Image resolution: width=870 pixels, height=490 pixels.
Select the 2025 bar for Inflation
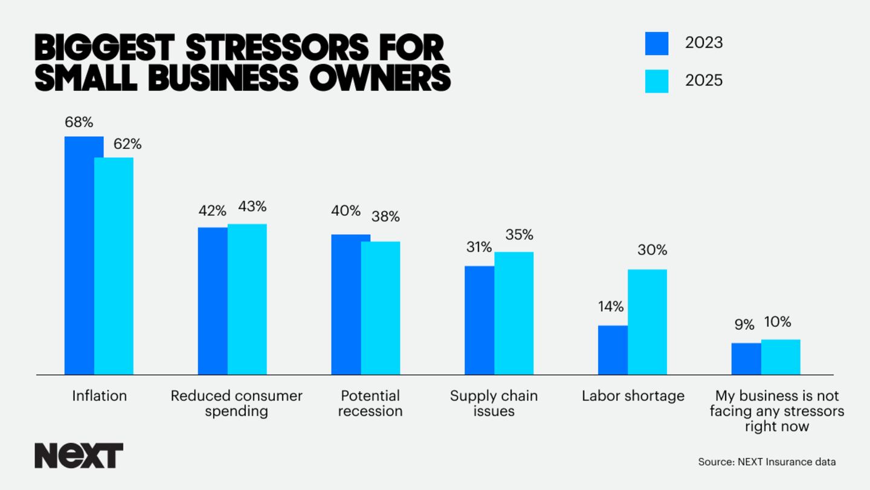pyautogui.click(x=114, y=266)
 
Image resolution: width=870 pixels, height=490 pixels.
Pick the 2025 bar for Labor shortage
pyautogui.click(x=647, y=322)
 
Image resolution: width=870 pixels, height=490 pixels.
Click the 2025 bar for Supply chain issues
pyautogui.click(x=514, y=313)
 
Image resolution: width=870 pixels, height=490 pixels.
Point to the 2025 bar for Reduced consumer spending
pyautogui.click(x=247, y=299)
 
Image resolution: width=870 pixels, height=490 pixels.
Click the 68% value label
pyautogui.click(x=79, y=122)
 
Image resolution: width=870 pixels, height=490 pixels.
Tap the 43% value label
pyautogui.click(x=252, y=206)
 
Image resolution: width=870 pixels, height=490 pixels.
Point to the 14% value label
pyautogui.click(x=611, y=307)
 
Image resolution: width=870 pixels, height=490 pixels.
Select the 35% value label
pyautogui.click(x=519, y=235)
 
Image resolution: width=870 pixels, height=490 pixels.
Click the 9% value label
pyautogui.click(x=744, y=325)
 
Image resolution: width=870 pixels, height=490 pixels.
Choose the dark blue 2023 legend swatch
pyautogui.click(x=657, y=44)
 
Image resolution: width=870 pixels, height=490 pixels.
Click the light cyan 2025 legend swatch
pyautogui.click(x=657, y=81)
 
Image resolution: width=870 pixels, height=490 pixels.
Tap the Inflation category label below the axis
pyautogui.click(x=100, y=396)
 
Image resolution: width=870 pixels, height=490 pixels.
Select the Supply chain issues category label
pyautogui.click(x=494, y=403)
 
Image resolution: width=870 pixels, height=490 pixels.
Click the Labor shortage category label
pyautogui.click(x=633, y=396)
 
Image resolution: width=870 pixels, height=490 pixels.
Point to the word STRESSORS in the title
pyautogui.click(x=274, y=47)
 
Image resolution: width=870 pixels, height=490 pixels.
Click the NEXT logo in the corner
pyautogui.click(x=79, y=456)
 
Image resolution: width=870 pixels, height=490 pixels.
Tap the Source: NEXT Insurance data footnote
pyautogui.click(x=767, y=462)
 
